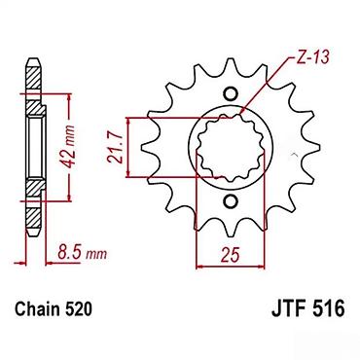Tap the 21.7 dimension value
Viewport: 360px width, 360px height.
(x=115, y=149)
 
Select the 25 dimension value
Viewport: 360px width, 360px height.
(x=231, y=254)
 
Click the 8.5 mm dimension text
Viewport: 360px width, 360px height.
(x=82, y=252)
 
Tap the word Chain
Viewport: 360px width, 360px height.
(x=37, y=309)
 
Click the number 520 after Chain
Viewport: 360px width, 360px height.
(x=79, y=309)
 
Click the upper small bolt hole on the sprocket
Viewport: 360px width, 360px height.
(x=231, y=94)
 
